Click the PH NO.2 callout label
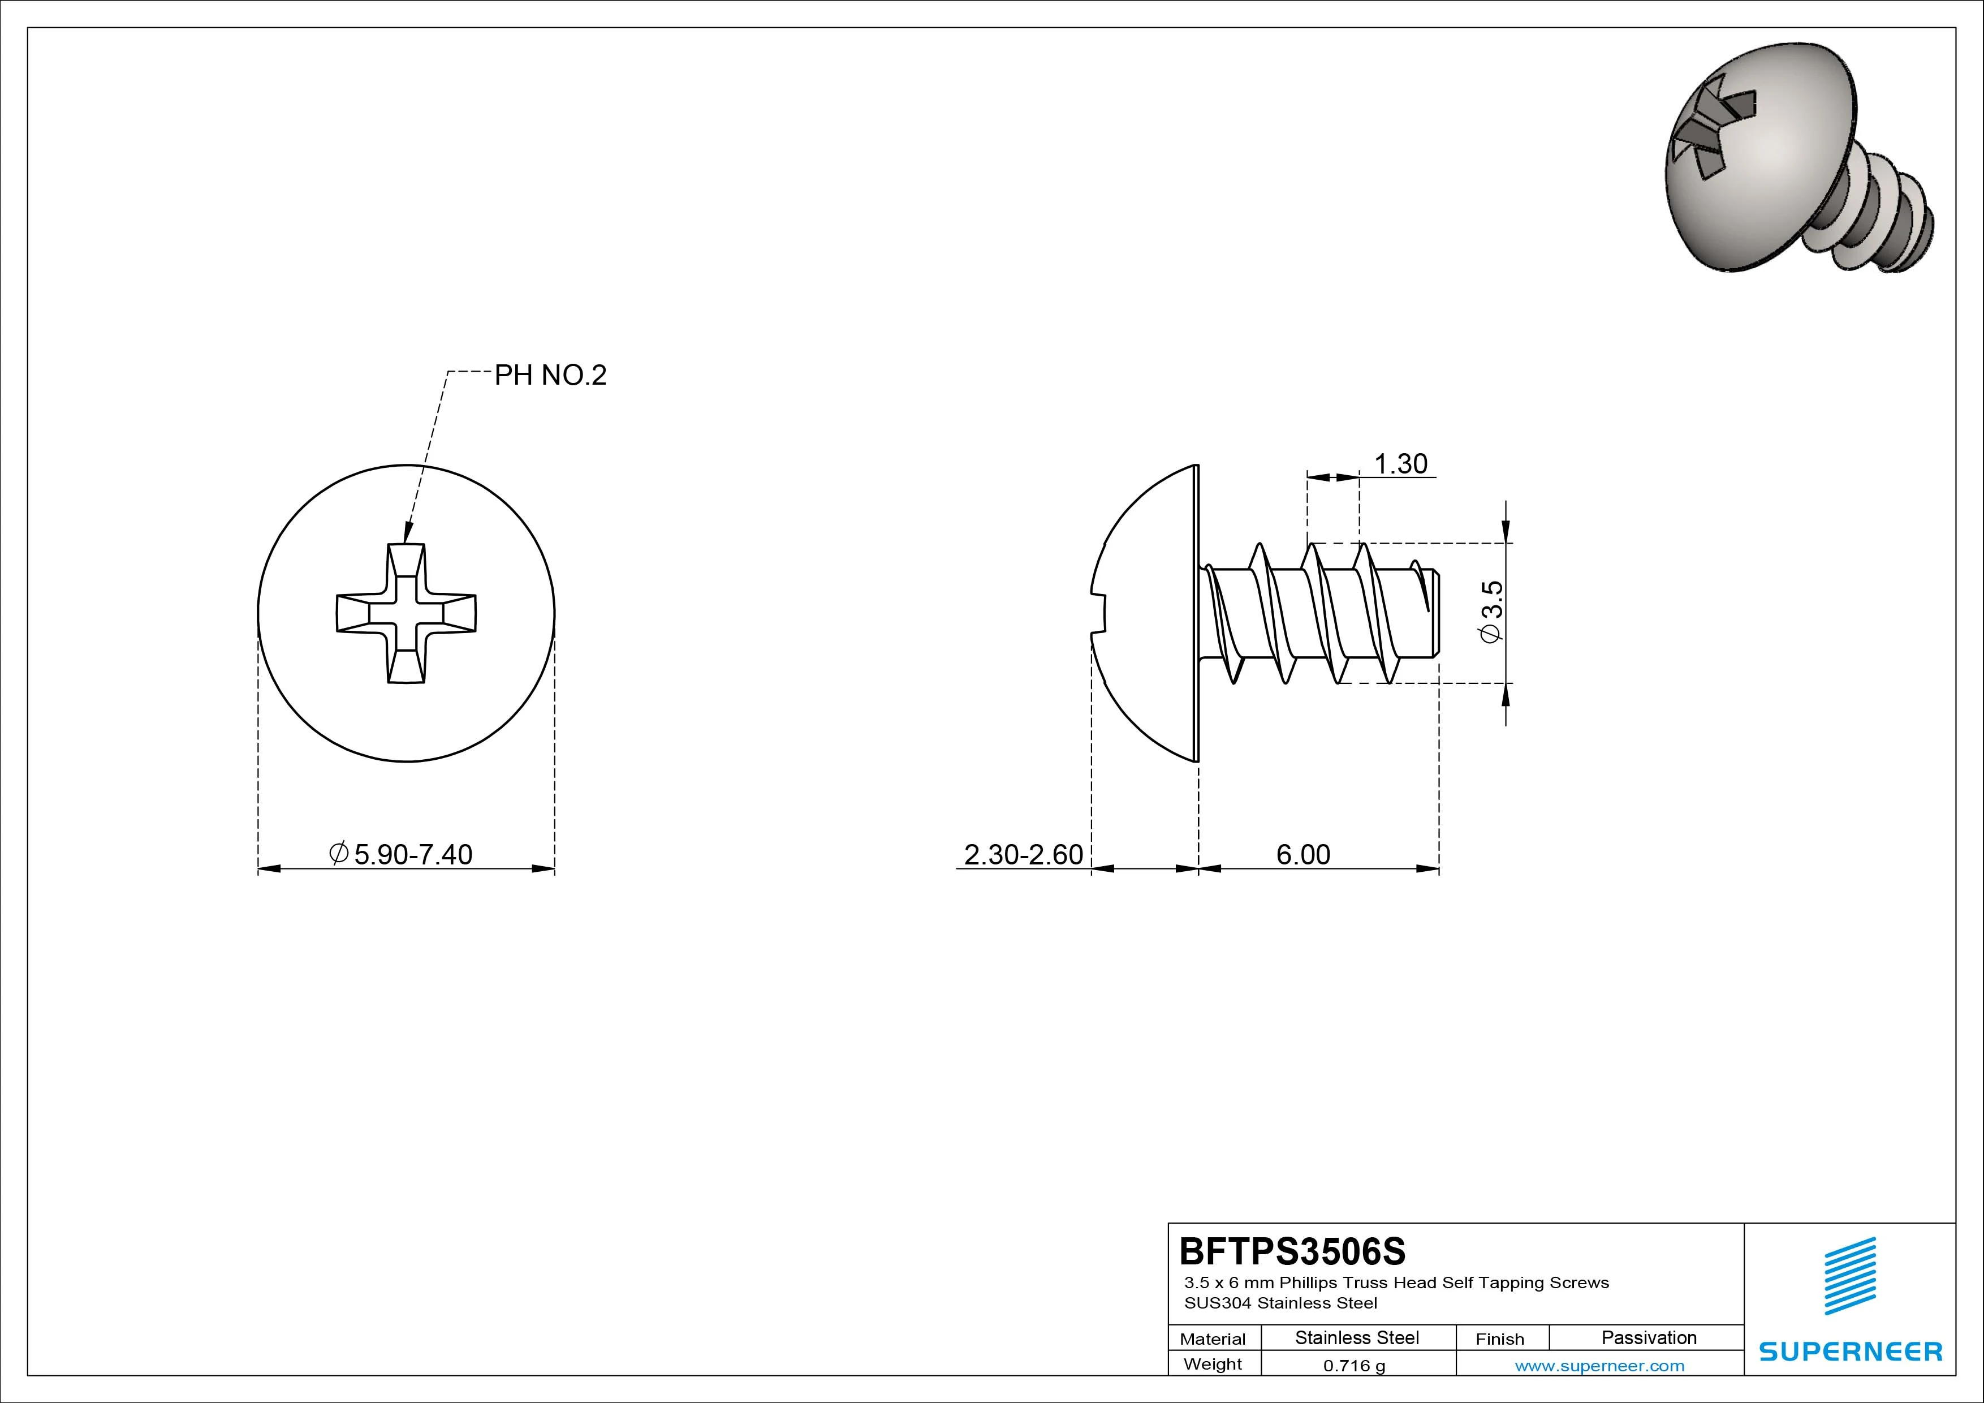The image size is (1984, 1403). (550, 375)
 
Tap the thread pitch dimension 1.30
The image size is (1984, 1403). (1401, 464)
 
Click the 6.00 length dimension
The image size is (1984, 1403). (1303, 854)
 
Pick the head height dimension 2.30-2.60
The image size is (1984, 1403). (1023, 854)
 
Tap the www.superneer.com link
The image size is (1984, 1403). (1599, 1366)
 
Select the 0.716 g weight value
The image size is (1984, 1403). (1354, 1366)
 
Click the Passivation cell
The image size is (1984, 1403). (1649, 1337)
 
